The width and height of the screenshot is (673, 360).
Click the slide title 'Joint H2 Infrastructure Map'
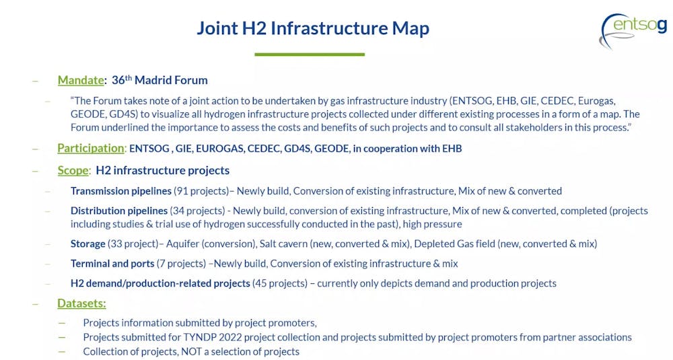pos(313,28)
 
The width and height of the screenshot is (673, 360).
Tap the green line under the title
pos(310,55)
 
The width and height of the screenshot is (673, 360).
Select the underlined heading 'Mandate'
pos(81,80)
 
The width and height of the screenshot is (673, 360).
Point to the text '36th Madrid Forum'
pos(160,80)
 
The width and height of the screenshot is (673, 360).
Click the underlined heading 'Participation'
pos(91,148)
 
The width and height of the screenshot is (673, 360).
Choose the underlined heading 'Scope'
pos(73,170)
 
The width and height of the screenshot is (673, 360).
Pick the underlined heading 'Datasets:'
pos(81,303)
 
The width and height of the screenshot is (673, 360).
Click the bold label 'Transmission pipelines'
pos(121,191)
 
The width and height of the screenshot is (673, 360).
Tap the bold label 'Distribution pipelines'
pos(119,211)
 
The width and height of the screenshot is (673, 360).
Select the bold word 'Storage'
pos(88,244)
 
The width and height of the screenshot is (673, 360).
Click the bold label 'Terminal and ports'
pos(112,264)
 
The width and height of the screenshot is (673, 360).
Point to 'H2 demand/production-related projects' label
pos(160,283)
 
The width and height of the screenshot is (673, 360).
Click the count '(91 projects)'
pos(201,191)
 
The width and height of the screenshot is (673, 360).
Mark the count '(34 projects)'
pos(197,211)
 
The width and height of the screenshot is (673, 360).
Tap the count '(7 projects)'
pos(181,264)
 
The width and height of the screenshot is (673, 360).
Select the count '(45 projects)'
pos(280,283)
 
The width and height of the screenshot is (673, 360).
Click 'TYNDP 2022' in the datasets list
pos(209,337)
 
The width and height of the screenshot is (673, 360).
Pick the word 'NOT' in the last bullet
pos(191,352)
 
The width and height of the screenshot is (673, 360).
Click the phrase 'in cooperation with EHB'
pos(407,149)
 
